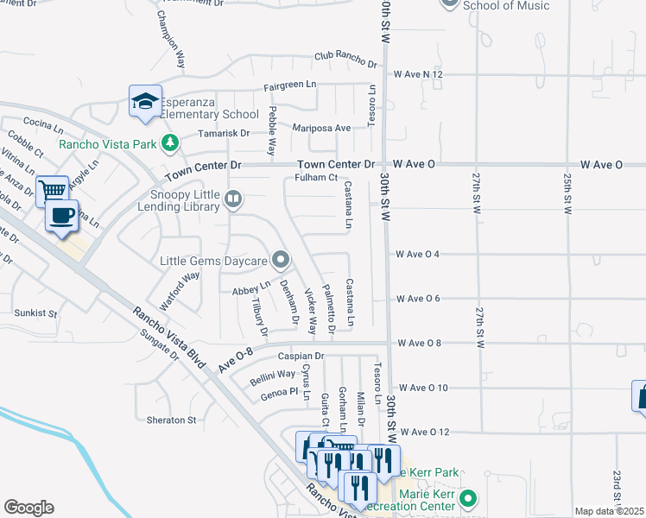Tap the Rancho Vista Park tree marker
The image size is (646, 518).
pos(171,142)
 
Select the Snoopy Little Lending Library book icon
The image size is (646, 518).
pos(232,200)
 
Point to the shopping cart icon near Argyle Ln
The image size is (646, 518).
pos(53,190)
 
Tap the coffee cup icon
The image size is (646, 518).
pos(61,216)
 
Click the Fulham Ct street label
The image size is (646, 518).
pos(315,178)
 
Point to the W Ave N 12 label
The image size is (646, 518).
pos(418,75)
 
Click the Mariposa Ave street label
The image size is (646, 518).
pos(321,128)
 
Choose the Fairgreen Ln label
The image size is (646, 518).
pos(289,87)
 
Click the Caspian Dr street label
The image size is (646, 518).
pos(301,356)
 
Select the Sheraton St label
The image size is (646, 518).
pos(173,420)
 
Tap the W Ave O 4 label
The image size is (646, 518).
pos(418,254)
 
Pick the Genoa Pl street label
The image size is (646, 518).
pos(279,395)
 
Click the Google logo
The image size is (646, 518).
pos(28,508)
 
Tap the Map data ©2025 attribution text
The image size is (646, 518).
pos(608,511)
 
